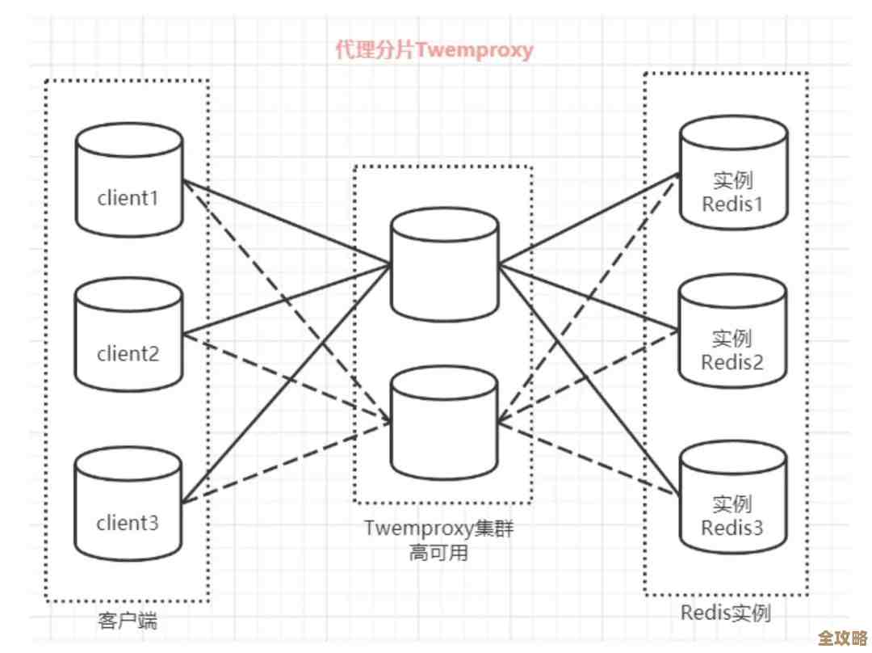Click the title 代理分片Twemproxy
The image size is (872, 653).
click(434, 50)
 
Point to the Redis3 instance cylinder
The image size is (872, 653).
click(732, 501)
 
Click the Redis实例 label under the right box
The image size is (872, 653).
click(725, 613)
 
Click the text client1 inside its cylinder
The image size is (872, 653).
click(128, 197)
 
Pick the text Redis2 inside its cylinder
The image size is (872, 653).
click(732, 362)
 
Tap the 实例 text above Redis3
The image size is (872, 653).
click(732, 504)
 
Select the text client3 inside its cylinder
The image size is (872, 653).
click(128, 523)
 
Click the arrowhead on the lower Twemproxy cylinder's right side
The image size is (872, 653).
click(503, 420)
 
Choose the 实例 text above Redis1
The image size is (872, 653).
click(732, 179)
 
